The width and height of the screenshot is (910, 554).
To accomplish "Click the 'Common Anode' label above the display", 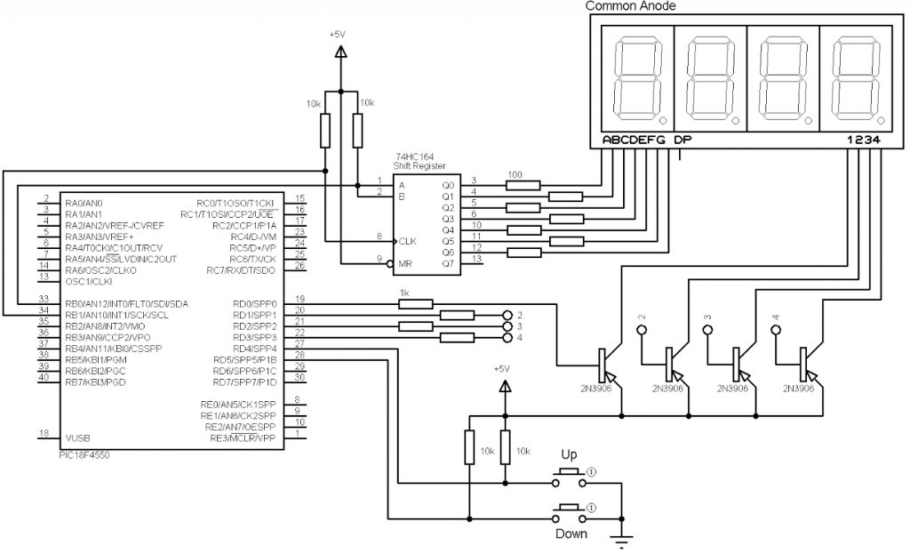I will [x=631, y=6].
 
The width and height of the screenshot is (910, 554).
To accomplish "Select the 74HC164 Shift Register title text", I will [x=420, y=161].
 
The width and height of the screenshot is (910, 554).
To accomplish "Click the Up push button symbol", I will [x=569, y=477].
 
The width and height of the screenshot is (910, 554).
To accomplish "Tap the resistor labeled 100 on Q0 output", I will [x=523, y=185].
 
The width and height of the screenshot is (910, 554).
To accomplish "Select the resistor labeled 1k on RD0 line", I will [x=416, y=303].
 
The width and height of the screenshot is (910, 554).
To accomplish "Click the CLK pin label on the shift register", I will [x=407, y=240].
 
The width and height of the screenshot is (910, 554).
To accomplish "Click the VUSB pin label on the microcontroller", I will [x=77, y=438].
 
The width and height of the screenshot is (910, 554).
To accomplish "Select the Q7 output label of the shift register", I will [x=447, y=263].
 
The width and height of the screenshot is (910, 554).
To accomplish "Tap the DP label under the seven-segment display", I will [x=682, y=140].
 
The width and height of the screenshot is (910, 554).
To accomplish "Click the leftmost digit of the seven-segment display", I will [x=636, y=80].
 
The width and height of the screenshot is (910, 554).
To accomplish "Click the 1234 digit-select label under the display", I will [x=863, y=140].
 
